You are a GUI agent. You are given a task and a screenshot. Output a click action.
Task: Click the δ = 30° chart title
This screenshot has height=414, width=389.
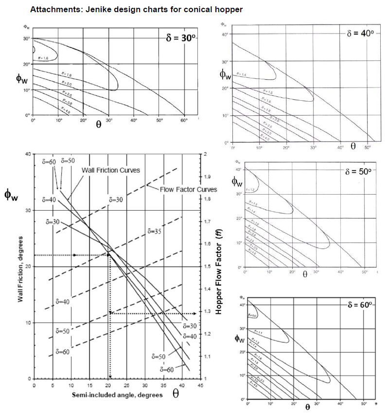(180, 37)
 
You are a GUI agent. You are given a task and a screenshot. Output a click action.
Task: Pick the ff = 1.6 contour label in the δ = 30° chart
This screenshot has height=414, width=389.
(43, 58)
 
